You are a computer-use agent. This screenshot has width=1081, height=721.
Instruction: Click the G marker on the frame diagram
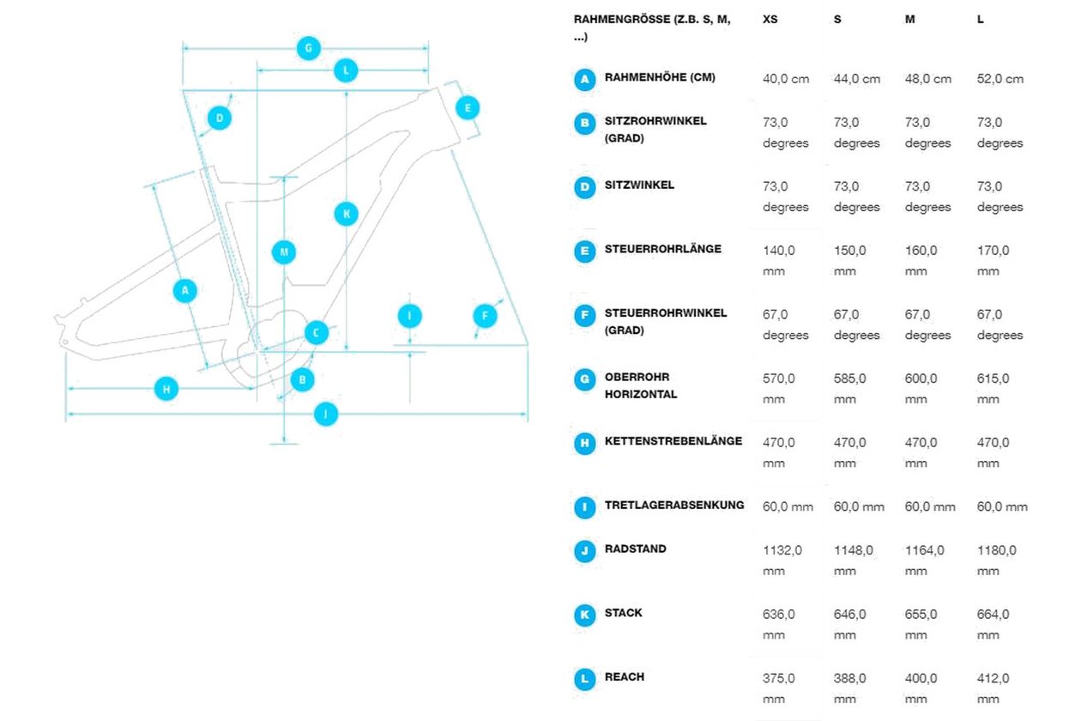point(308,48)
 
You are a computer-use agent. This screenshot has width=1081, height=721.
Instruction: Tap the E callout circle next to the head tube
point(467,107)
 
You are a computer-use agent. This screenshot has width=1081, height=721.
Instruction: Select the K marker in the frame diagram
point(346,214)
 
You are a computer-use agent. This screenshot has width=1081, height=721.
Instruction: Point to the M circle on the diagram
point(284,252)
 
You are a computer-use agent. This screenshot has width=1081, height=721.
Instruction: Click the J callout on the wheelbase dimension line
point(326,414)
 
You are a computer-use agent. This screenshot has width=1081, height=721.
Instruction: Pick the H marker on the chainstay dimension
point(166,389)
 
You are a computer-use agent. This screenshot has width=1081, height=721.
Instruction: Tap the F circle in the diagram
point(485,316)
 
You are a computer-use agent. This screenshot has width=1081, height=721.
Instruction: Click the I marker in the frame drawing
point(410,316)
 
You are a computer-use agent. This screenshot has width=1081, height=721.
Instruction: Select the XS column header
point(770,20)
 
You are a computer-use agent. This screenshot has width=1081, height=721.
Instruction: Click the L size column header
point(980,20)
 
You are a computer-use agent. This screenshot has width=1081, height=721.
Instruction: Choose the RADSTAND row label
point(635,548)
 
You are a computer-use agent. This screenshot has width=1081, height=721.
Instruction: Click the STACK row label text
point(623,613)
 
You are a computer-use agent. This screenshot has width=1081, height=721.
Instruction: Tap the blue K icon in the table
point(584,615)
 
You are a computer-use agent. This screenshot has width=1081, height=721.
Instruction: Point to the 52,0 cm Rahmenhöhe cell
point(1000,79)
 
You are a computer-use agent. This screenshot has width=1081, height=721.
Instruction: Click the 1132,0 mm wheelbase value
point(782,560)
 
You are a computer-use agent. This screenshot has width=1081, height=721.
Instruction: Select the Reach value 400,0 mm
point(921,688)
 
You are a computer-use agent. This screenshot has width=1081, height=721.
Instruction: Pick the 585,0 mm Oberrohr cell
point(850,388)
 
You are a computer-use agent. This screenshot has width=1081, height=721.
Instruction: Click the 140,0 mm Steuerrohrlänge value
point(778,260)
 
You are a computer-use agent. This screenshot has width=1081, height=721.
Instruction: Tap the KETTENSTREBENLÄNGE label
point(673,441)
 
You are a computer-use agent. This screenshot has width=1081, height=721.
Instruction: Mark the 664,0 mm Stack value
point(993,624)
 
